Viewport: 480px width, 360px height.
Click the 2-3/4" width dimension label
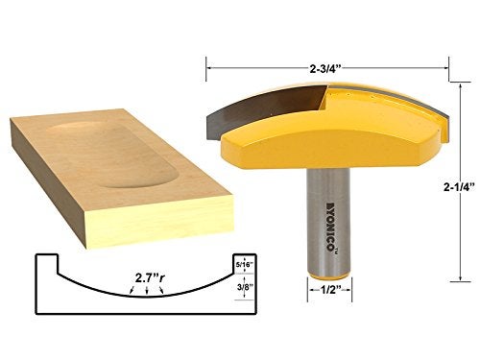coord(325,68)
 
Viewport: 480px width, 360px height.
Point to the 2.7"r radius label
coord(150,278)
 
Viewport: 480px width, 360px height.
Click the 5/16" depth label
coord(245,265)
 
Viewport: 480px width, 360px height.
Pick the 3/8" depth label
coord(245,287)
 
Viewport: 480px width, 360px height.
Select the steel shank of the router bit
coord(327,221)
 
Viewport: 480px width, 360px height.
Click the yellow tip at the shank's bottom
coord(327,276)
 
